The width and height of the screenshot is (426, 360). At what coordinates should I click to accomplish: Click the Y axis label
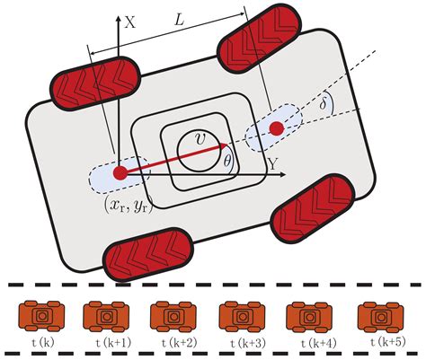pos(271,162)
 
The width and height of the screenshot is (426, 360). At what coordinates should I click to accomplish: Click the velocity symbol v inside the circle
pos(198,139)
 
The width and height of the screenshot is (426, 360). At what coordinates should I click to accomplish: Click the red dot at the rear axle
pos(119,171)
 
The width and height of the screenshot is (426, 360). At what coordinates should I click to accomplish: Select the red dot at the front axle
pos(277,131)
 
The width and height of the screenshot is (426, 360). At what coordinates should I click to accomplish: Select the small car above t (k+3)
pos(240,317)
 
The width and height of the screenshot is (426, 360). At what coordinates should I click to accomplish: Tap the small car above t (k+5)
pos(377,317)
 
